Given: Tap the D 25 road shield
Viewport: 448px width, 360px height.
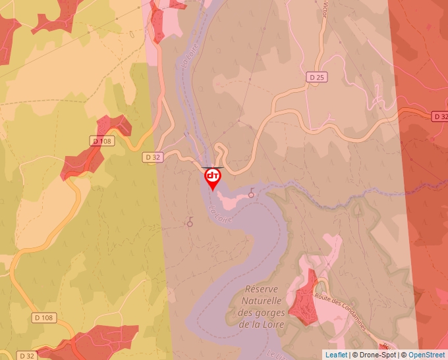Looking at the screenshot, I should tap(317, 77).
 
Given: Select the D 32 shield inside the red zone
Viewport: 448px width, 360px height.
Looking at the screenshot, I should tap(440, 116).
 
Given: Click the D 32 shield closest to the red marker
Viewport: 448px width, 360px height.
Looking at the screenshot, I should tap(152, 157).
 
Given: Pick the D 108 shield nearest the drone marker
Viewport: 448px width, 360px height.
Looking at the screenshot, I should tap(102, 141).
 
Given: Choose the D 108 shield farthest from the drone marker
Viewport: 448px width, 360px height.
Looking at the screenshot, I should tap(43, 318).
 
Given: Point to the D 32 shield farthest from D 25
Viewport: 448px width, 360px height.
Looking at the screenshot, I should tap(27, 355).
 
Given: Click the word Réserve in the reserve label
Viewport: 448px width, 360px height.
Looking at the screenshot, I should tap(262, 290).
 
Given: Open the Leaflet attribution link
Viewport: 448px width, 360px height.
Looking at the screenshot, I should tap(336, 355).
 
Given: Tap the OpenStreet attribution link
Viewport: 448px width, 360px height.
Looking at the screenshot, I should tap(427, 355).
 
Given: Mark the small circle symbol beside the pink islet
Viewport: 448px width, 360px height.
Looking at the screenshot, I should tap(251, 193).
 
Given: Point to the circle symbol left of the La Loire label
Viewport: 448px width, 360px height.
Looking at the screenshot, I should tap(190, 223).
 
